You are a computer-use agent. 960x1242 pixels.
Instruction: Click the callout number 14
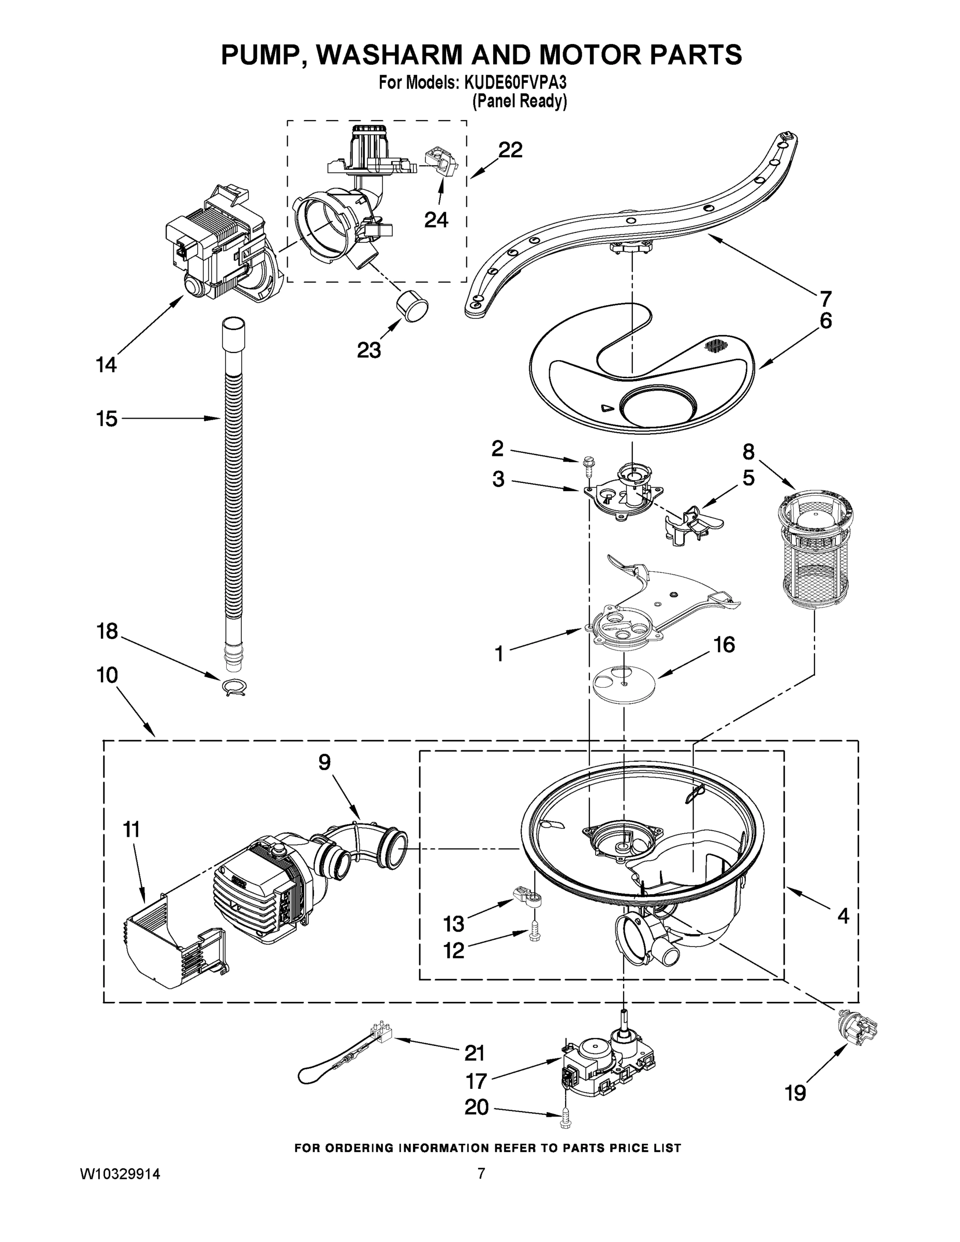pos(106,364)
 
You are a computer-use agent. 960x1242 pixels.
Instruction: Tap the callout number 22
pos(510,150)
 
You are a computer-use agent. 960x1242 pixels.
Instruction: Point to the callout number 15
pos(107,419)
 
